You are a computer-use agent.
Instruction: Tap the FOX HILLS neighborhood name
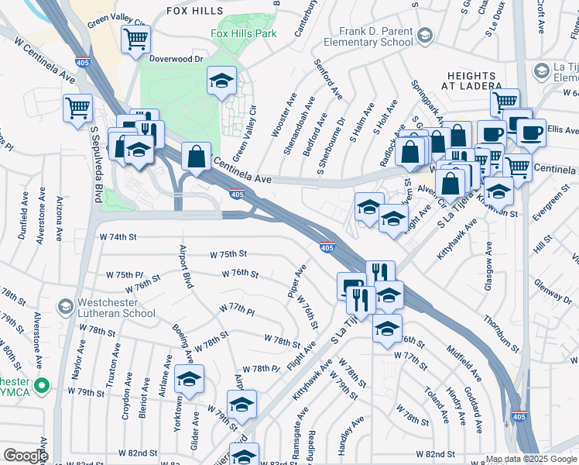click(194, 11)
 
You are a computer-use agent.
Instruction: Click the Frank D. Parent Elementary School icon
click(424, 35)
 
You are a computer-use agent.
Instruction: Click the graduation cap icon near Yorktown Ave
click(188, 378)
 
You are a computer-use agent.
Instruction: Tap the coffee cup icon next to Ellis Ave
click(531, 133)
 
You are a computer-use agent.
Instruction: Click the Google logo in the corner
click(26, 456)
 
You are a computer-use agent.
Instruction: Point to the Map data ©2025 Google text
click(531, 459)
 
